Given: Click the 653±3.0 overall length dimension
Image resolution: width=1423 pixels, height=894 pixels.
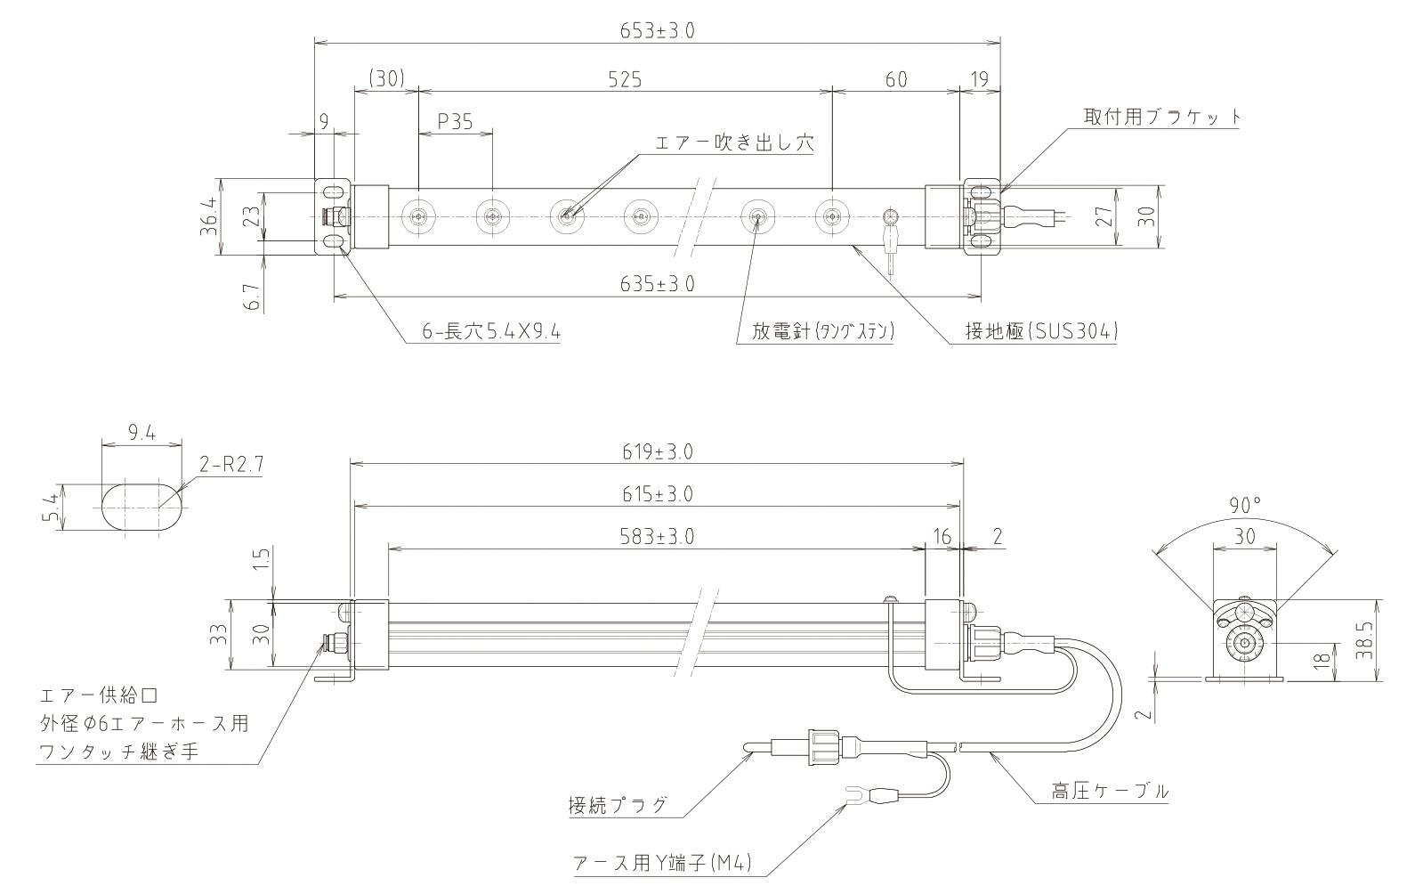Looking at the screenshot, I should (657, 30).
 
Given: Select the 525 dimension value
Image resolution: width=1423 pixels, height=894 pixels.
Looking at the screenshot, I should (626, 79).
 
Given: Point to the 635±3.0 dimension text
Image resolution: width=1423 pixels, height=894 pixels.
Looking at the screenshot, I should (657, 284).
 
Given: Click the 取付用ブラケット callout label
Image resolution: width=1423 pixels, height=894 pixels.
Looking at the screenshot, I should (1162, 117).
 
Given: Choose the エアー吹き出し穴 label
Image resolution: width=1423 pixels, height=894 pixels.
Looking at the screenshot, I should (734, 142).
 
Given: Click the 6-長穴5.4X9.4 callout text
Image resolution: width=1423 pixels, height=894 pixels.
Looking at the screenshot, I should (492, 332).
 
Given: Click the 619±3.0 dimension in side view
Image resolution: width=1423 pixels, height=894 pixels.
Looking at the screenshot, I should (657, 451).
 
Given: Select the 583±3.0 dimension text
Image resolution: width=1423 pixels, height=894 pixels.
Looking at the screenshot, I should (657, 536).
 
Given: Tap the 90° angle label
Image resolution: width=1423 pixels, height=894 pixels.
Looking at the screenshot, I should (1245, 505).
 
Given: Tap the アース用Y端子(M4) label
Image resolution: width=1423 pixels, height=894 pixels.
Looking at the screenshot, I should (664, 863).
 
